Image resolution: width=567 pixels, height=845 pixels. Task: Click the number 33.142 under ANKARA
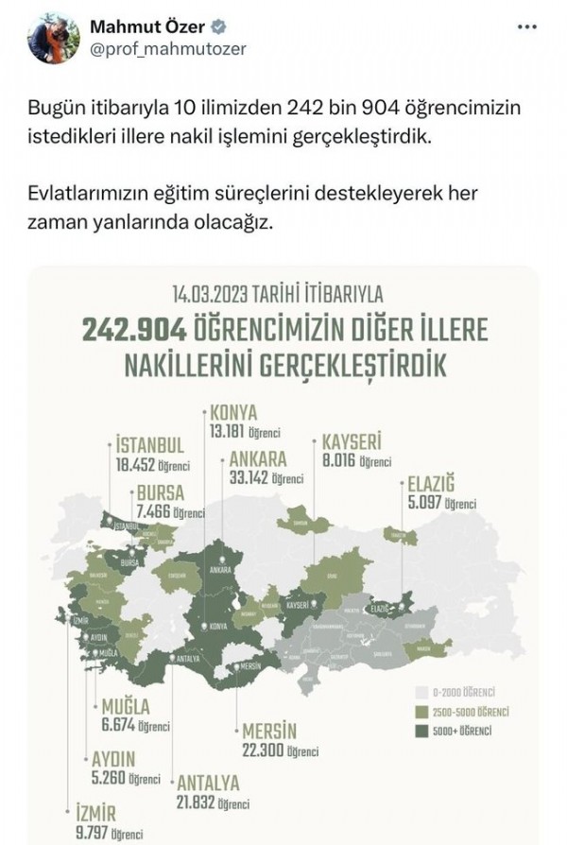pos(243,477)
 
